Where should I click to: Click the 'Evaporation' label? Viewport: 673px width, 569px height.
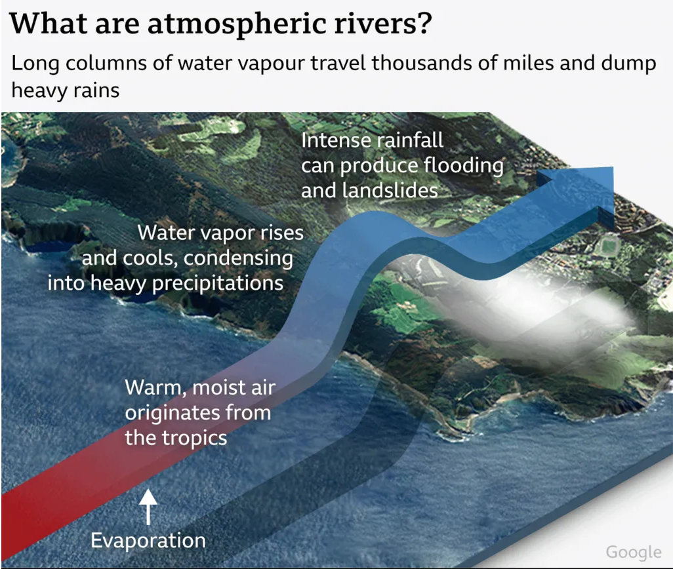click(148, 541)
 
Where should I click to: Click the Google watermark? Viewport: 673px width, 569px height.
click(633, 552)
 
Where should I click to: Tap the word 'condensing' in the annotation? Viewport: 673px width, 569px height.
click(239, 258)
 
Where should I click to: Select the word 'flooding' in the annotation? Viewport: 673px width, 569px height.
click(464, 165)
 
